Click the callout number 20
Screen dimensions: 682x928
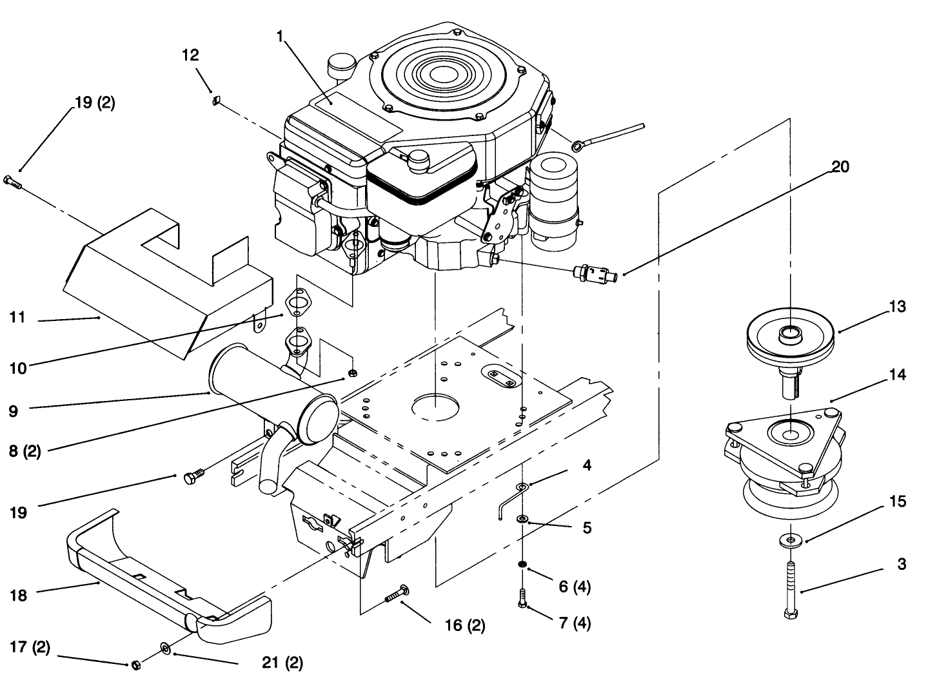coord(840,167)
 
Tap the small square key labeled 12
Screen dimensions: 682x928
coord(217,99)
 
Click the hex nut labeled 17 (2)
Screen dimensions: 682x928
coord(135,665)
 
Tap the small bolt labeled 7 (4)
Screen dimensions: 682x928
coord(522,600)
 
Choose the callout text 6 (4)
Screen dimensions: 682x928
coord(574,587)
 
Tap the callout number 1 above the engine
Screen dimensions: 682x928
coord(280,37)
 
